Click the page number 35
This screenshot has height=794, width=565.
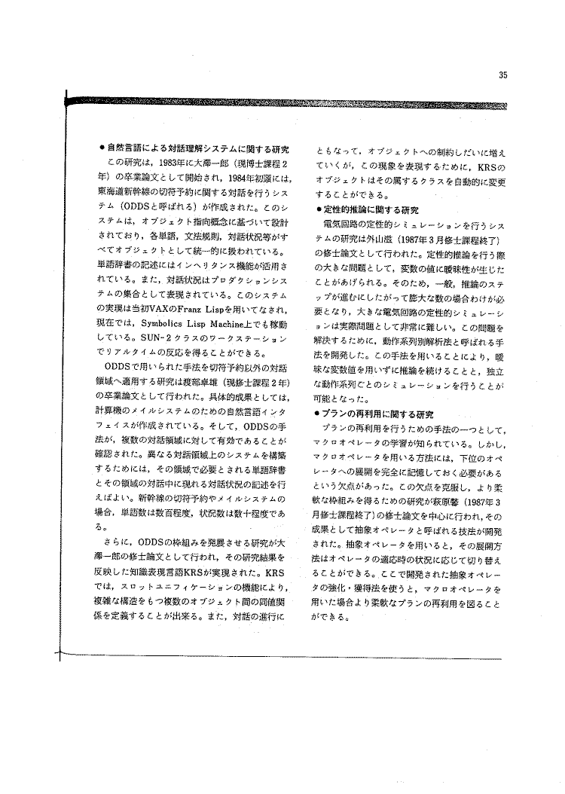(502, 75)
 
